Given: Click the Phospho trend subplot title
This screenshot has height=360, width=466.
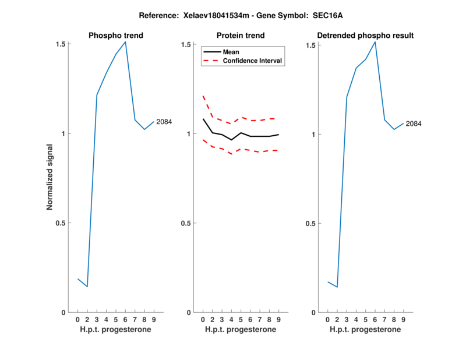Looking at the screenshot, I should [116, 36].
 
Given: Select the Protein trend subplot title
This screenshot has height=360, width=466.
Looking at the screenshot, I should [241, 36].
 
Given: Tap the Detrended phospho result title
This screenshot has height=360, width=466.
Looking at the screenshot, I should [365, 36].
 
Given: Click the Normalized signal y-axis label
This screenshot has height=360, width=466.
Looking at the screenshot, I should [50, 178].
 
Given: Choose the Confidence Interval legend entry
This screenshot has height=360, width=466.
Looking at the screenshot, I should [253, 61].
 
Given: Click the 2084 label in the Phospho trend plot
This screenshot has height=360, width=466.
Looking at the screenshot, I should [164, 122].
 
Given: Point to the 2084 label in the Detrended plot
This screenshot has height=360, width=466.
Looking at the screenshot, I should [414, 123].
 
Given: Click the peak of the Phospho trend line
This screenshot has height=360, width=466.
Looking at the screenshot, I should [125, 41].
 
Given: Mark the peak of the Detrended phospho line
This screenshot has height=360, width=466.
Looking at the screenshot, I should [375, 41].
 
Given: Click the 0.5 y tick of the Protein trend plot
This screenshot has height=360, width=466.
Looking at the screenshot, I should [186, 223].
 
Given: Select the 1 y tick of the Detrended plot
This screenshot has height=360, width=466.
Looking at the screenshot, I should [315, 134].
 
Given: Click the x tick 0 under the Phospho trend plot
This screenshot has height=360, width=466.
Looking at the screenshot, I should [77, 320].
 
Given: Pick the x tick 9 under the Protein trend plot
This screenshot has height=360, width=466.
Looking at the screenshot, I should [278, 320].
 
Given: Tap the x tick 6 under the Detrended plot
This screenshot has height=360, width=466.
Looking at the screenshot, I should [375, 320].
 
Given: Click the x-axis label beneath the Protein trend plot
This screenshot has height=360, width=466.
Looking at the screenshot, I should [241, 330].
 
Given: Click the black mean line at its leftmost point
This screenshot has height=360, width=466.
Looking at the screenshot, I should [203, 119].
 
